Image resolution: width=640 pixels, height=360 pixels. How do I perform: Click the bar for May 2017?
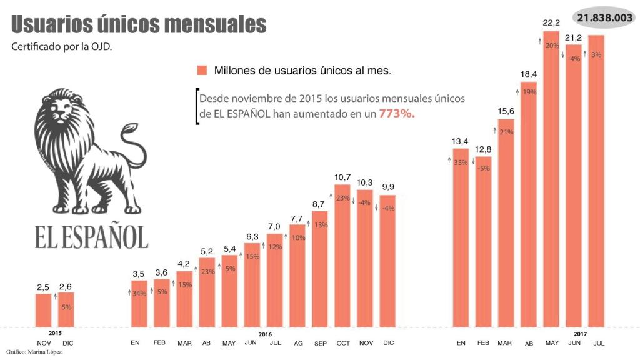coord(551,181)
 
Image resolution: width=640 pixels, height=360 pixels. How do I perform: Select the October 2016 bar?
coord(342,256)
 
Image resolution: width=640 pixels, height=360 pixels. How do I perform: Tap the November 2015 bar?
coord(43,310)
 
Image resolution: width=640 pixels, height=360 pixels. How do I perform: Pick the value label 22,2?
coord(551,23)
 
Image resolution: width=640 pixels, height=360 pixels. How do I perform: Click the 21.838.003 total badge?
coord(604,18)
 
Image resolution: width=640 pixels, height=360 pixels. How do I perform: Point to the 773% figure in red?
coord(397,115)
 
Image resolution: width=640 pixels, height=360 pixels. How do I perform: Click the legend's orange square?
coord(201,70)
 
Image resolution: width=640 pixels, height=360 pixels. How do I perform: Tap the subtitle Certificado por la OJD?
coord(62,47)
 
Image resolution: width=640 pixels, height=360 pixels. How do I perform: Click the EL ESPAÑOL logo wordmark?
coord(91,237)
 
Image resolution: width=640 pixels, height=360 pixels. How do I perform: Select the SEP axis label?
coord(319,343)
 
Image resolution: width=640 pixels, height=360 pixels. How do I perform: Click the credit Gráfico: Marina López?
coord(35,352)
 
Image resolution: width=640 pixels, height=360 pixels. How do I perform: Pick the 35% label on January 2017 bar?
coord(461,162)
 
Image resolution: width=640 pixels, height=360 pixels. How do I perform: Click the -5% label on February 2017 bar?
coord(483,168)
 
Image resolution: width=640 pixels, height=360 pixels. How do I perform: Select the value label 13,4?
coord(461,141)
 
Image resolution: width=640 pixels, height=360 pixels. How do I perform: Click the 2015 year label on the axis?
coord(55,334)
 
